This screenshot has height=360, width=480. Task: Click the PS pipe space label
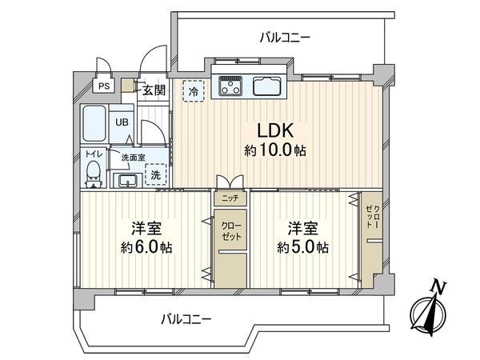pyautogui.click(x=104, y=86)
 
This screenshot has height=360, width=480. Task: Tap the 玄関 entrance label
pyautogui.click(x=154, y=90)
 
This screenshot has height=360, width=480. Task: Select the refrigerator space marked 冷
pyautogui.click(x=193, y=91)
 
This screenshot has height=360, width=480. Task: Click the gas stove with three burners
pyautogui.click(x=230, y=85)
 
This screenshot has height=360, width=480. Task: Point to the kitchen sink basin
pyautogui.click(x=267, y=86)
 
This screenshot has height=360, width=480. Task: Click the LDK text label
pyautogui.click(x=275, y=130)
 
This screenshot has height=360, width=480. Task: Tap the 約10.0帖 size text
pyautogui.click(x=275, y=150)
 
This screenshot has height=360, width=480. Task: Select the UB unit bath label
pyautogui.click(x=122, y=122)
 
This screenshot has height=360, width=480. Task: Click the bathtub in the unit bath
pyautogui.click(x=94, y=123)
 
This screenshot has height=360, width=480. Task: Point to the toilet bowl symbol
pyautogui.click(x=94, y=174)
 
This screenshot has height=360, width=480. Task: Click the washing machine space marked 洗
pyautogui.click(x=156, y=174)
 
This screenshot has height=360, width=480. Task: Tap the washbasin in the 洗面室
pyautogui.click(x=128, y=181)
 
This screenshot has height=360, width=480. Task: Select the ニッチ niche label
pyautogui.click(x=230, y=198)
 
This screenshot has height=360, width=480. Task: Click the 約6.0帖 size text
pyautogui.click(x=146, y=246)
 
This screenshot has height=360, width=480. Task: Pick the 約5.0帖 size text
pyautogui.click(x=303, y=246)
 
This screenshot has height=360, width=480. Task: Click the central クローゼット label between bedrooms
pyautogui.click(x=231, y=231)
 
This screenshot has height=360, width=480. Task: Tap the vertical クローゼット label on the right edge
pyautogui.click(x=373, y=217)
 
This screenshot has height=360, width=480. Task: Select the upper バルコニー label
pyautogui.click(x=285, y=38)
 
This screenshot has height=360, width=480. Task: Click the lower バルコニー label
pyautogui.click(x=186, y=320)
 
